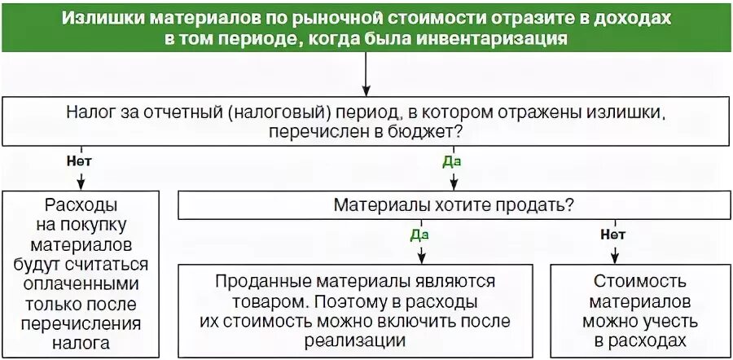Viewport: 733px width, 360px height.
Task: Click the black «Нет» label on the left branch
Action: click(x=79, y=160)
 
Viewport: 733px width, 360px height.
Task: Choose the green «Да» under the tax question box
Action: click(x=452, y=160)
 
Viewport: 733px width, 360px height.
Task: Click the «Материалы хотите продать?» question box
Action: click(x=451, y=204)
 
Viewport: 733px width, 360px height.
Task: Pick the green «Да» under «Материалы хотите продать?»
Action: click(x=419, y=235)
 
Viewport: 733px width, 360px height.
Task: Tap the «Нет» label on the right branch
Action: click(x=612, y=235)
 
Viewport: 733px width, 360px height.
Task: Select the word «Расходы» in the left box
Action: click(x=81, y=204)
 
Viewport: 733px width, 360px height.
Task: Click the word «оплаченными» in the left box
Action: click(x=81, y=283)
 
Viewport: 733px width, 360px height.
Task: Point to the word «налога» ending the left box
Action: click(x=81, y=343)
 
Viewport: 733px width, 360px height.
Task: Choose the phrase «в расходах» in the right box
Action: click(x=634, y=340)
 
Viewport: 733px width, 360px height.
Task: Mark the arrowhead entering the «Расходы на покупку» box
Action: click(x=79, y=184)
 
